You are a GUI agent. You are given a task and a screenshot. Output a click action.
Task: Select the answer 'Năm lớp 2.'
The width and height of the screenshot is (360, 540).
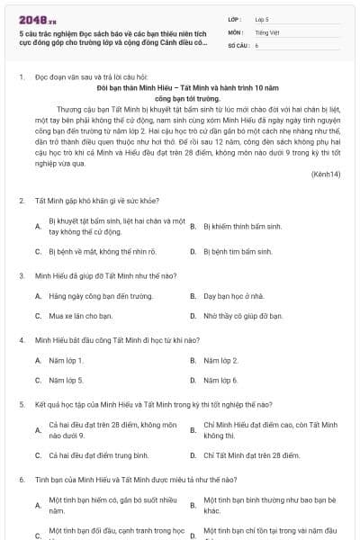click(221, 360)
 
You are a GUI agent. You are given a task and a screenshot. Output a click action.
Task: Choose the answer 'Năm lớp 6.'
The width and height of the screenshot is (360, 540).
click(221, 380)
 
